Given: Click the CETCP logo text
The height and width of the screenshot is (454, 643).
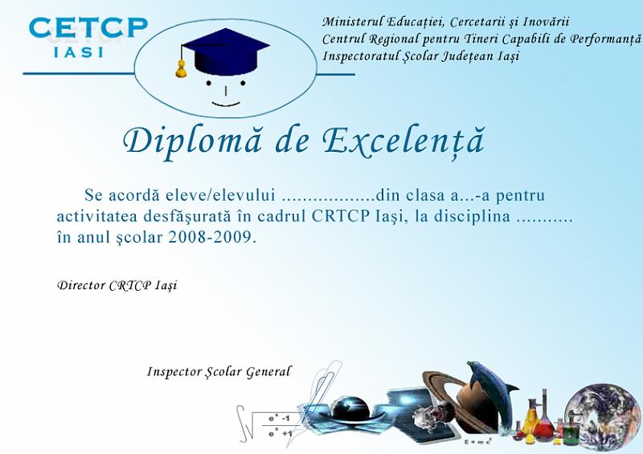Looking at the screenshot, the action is (88, 27).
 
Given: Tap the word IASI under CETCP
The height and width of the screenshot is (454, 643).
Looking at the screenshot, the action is (78, 52).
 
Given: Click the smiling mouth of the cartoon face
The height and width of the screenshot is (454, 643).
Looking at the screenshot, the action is (226, 104).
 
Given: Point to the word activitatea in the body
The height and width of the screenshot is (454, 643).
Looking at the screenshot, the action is (96, 216).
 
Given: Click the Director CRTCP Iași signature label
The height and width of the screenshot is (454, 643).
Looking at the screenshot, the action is (117, 285).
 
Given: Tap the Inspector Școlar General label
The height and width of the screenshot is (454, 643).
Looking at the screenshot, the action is (219, 372).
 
